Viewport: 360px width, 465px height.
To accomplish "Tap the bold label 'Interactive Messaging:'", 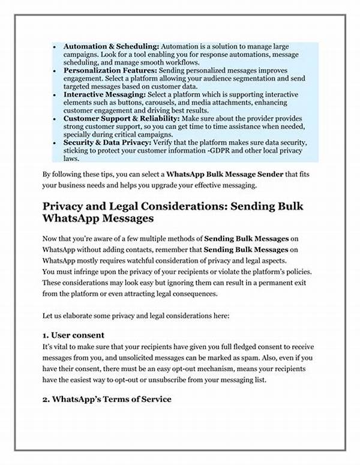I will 99,95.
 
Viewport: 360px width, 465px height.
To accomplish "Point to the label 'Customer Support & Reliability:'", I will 118,119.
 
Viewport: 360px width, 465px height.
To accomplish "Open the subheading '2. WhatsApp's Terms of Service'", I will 107,398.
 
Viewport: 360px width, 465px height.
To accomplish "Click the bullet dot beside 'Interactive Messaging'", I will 55,95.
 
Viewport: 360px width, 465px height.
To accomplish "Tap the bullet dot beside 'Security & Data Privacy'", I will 55,143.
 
